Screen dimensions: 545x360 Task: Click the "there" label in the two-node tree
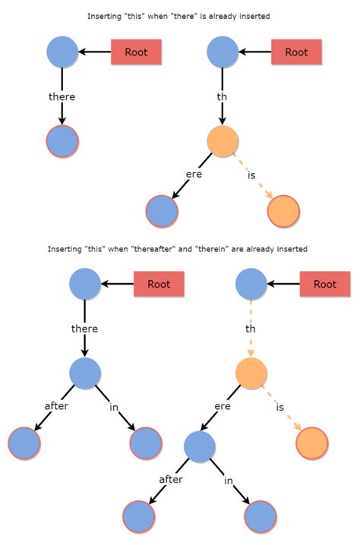point(62,97)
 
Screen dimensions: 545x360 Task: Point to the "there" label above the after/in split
point(84,329)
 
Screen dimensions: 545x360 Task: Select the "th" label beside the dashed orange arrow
point(251,329)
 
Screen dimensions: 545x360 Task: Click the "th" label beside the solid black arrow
point(222,97)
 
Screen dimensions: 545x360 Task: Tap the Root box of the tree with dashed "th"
point(325,285)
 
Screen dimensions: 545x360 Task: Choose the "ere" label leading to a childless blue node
point(194,173)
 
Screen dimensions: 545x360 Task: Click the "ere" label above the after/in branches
point(222,406)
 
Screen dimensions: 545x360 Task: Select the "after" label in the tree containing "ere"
point(170,480)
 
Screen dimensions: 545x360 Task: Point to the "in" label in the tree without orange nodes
point(114,408)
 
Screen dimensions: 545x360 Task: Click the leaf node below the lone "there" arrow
point(62,141)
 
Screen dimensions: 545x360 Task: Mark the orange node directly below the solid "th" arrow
point(223,141)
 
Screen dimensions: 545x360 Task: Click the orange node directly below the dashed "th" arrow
point(251,373)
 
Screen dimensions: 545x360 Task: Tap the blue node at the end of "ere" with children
point(199,447)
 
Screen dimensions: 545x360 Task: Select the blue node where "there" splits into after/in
point(85,373)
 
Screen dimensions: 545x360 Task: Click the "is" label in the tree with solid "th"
point(251,176)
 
